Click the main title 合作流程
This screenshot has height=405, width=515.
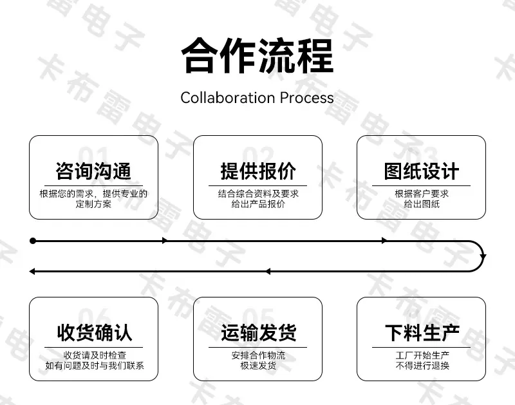257,56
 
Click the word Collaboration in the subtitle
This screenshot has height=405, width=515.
228,98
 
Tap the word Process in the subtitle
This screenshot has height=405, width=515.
307,98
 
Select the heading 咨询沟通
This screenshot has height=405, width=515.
93,171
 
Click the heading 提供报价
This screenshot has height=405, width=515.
258,171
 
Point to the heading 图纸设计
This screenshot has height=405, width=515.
422,171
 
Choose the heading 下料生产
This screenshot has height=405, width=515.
422,332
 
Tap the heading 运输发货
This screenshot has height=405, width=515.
258,332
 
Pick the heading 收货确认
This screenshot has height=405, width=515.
94,332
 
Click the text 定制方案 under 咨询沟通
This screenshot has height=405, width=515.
93,204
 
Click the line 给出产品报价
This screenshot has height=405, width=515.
258,204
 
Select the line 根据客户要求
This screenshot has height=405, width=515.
422,193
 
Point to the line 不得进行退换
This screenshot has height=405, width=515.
422,366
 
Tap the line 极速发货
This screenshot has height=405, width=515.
258,366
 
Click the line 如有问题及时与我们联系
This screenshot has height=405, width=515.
95,366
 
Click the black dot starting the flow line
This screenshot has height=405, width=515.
33,241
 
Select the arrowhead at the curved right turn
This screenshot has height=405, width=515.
483,256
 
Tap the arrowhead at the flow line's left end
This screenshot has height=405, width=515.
32,271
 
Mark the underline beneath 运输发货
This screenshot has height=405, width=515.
257,347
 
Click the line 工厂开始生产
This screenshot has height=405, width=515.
422,355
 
